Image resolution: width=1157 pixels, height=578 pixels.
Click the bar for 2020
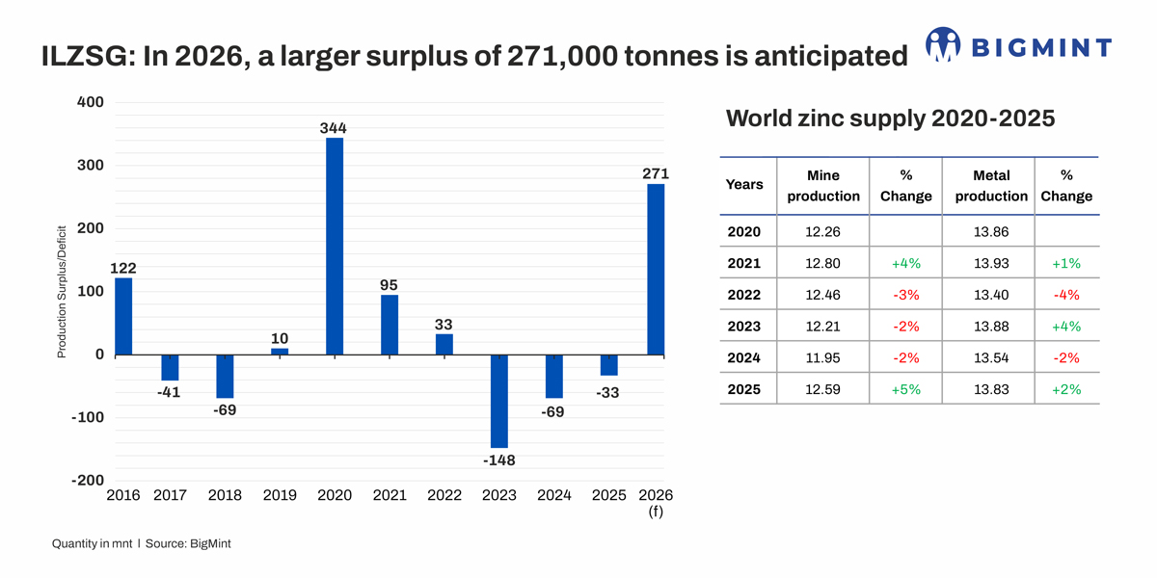click(x=335, y=247)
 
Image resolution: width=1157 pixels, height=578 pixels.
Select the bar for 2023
click(x=498, y=401)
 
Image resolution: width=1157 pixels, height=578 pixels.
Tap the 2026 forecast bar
click(x=656, y=270)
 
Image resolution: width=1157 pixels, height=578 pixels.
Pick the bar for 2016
click(x=123, y=316)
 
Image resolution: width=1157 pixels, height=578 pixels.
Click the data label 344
click(x=334, y=127)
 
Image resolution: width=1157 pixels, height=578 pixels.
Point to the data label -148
click(x=498, y=460)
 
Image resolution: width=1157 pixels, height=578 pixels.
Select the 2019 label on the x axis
click(x=280, y=495)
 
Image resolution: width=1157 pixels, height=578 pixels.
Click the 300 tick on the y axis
click(x=90, y=166)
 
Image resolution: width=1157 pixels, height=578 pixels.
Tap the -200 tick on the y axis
click(x=87, y=481)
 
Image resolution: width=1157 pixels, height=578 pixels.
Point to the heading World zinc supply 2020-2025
click(x=890, y=118)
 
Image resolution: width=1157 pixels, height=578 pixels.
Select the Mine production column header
click(x=822, y=186)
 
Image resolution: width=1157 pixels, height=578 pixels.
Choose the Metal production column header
click(x=991, y=186)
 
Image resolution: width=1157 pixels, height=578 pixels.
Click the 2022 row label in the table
click(x=744, y=295)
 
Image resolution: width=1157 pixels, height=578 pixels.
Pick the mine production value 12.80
click(x=822, y=263)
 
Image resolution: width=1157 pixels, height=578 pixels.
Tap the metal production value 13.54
click(x=991, y=357)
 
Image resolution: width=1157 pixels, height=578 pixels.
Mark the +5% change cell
click(x=905, y=389)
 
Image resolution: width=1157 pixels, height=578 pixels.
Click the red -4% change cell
click(x=1065, y=295)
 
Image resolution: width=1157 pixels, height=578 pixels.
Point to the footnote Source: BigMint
click(x=188, y=543)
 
